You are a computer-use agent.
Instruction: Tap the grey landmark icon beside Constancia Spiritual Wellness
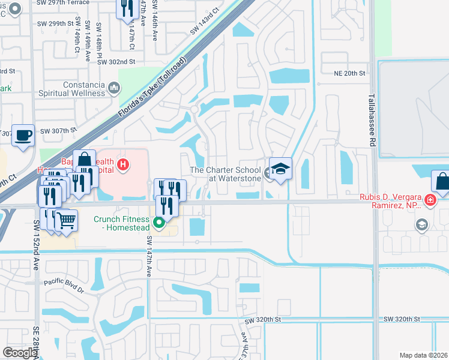click(114, 89)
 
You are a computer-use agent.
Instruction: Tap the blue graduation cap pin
click(280, 170)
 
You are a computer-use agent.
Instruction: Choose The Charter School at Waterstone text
click(225, 174)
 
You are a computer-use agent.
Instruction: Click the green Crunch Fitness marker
click(159, 224)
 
